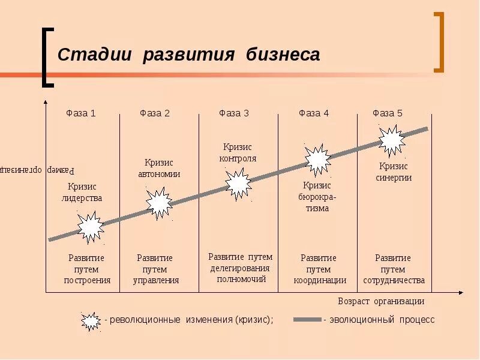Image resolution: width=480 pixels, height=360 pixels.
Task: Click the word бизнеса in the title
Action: pos(283,55)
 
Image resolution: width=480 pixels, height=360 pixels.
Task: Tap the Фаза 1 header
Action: pos(80,113)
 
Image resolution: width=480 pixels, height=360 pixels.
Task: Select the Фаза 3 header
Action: pos(234,113)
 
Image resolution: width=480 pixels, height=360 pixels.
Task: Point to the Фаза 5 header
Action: pos(388,113)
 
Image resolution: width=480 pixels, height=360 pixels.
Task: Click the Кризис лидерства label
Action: pos(82,192)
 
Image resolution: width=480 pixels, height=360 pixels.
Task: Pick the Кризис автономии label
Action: pos(159,168)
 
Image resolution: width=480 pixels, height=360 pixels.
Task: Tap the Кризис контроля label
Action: pos(238,152)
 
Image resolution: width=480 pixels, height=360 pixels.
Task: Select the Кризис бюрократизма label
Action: pos(317,197)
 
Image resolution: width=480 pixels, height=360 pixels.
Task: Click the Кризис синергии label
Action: pos(394,172)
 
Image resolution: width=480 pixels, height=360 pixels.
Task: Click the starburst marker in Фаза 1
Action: pos(91,226)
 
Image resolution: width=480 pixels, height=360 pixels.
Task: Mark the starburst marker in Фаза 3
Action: pos(238,184)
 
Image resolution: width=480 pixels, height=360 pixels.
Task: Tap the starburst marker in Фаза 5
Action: pos(392,140)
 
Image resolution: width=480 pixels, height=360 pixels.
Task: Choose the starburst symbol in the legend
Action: pos(91,320)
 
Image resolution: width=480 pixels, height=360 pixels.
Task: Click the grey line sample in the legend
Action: pos(307,320)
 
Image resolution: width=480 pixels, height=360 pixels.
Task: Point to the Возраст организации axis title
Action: pos(381,301)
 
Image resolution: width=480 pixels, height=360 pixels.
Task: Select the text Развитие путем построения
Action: pos(86,269)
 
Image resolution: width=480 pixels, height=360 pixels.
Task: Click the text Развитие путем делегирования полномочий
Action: pos(240,268)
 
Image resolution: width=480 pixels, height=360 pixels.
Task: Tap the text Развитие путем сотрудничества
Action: pos(394,269)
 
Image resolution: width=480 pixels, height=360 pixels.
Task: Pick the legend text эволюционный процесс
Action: pos(381,320)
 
